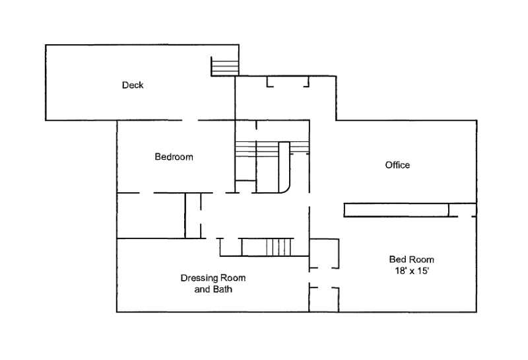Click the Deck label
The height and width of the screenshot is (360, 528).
click(133, 85)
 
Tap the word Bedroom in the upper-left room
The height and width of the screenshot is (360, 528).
click(174, 157)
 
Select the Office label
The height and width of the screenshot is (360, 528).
click(397, 165)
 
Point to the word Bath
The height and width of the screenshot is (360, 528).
click(222, 289)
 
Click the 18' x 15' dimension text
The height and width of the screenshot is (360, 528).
click(411, 271)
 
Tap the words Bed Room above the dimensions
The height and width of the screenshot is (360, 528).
click(411, 260)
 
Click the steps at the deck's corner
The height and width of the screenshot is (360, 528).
click(224, 67)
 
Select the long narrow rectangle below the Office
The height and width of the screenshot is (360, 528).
click(397, 210)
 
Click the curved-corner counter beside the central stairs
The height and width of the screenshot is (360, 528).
click(284, 167)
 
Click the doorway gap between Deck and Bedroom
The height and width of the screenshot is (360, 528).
click(190, 120)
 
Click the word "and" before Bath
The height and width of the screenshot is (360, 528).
click(202, 289)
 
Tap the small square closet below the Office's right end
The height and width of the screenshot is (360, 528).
click(463, 210)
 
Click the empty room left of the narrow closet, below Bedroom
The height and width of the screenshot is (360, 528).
click(151, 216)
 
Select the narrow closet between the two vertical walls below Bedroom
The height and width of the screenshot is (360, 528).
click(193, 216)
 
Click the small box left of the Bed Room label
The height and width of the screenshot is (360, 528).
click(324, 254)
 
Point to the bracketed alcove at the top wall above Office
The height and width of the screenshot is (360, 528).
click(288, 81)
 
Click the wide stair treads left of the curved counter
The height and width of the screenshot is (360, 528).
click(257, 149)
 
